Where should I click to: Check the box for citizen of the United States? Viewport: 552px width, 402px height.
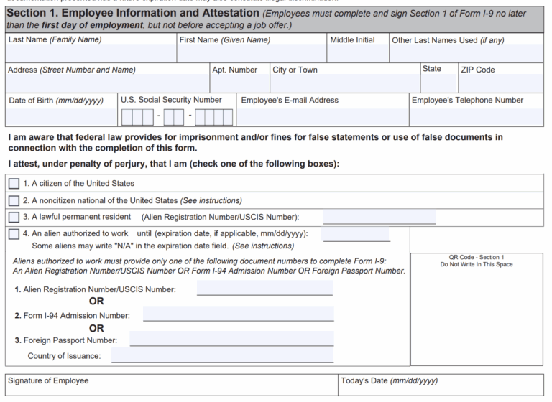click(14, 184)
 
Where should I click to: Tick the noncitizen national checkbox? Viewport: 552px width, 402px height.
click(14, 200)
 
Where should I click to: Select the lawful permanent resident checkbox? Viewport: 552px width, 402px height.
click(14, 217)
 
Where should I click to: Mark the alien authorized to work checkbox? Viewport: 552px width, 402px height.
click(14, 234)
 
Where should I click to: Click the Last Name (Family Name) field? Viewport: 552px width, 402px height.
click(91, 54)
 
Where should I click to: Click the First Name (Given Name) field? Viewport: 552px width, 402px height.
click(252, 54)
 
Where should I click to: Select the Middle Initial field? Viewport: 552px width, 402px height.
click(357, 54)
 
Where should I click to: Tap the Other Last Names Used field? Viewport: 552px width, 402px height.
click(466, 54)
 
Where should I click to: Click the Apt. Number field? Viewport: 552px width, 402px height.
click(238, 84)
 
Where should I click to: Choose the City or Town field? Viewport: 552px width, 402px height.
click(344, 84)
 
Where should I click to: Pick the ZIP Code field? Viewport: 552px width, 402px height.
click(500, 84)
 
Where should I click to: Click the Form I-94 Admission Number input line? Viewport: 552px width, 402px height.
click(238, 314)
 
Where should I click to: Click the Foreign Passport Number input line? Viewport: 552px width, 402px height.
click(231, 339)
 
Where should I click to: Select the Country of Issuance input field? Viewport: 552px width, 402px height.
click(222, 355)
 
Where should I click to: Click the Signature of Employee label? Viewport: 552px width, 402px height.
click(48, 380)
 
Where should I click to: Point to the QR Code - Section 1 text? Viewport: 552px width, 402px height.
click(477, 257)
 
